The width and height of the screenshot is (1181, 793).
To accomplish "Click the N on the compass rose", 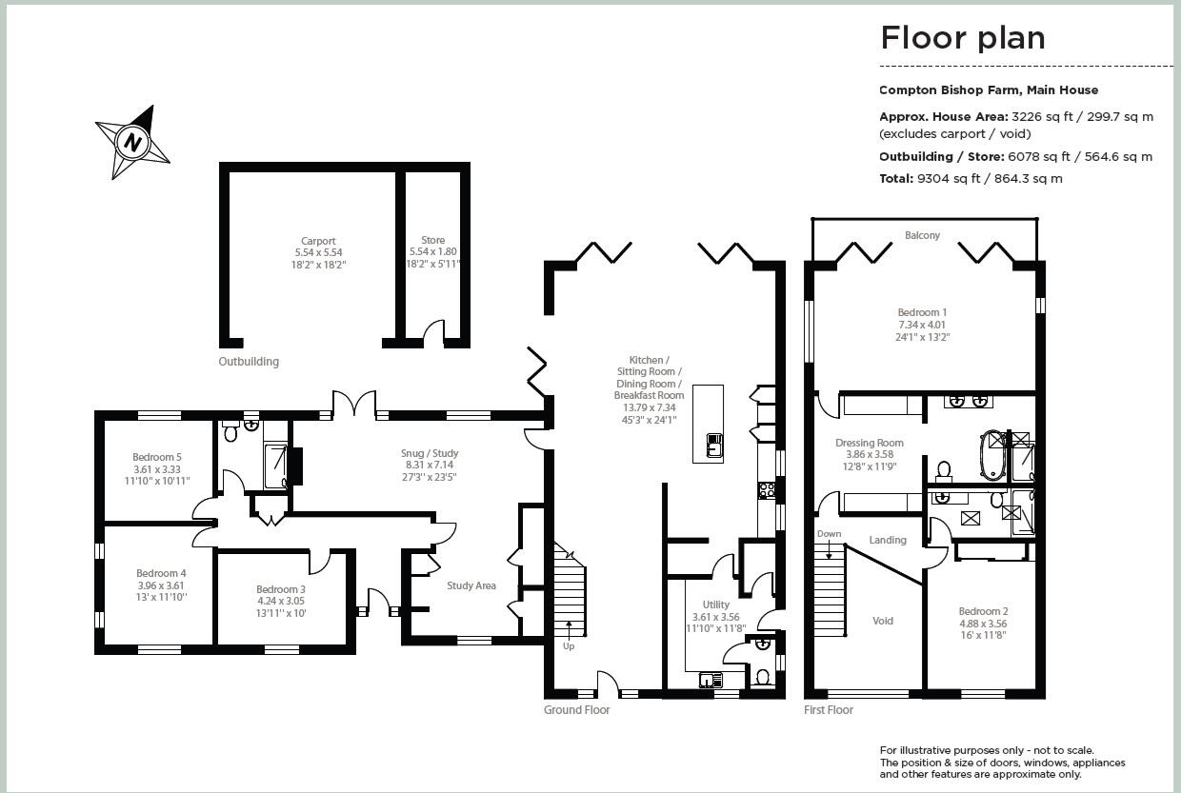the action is point(133,142).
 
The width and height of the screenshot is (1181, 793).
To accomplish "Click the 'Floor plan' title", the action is point(962,38).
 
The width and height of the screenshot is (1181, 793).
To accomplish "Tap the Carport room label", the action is point(318,241).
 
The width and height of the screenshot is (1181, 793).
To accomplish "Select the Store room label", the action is point(432,240).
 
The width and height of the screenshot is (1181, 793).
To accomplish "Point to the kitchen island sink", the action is point(714,445).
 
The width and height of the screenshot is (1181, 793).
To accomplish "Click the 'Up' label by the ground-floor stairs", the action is point(569,646).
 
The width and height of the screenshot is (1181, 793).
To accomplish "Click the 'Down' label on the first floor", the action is point(829,534).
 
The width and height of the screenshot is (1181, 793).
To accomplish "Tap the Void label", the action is point(883,621).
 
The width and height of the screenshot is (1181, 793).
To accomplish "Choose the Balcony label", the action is point(922,235).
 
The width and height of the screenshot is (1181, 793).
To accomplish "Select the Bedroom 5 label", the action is point(156,457).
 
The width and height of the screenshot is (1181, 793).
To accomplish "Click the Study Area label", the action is point(471,585).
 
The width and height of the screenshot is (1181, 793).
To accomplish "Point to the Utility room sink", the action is point(708,681).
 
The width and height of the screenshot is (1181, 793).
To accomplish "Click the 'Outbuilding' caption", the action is point(249,362).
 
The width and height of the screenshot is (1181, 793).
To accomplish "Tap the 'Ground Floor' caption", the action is point(577,710).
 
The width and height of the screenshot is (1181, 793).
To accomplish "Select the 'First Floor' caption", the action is point(829,710).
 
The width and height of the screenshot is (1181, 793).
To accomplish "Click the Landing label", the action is point(888,540).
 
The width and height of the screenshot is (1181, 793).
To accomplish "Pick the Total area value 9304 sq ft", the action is point(949,179).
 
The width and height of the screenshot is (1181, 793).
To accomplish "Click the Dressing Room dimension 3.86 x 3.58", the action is point(870,454).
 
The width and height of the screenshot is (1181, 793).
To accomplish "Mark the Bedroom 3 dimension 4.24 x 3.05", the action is point(281,601).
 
